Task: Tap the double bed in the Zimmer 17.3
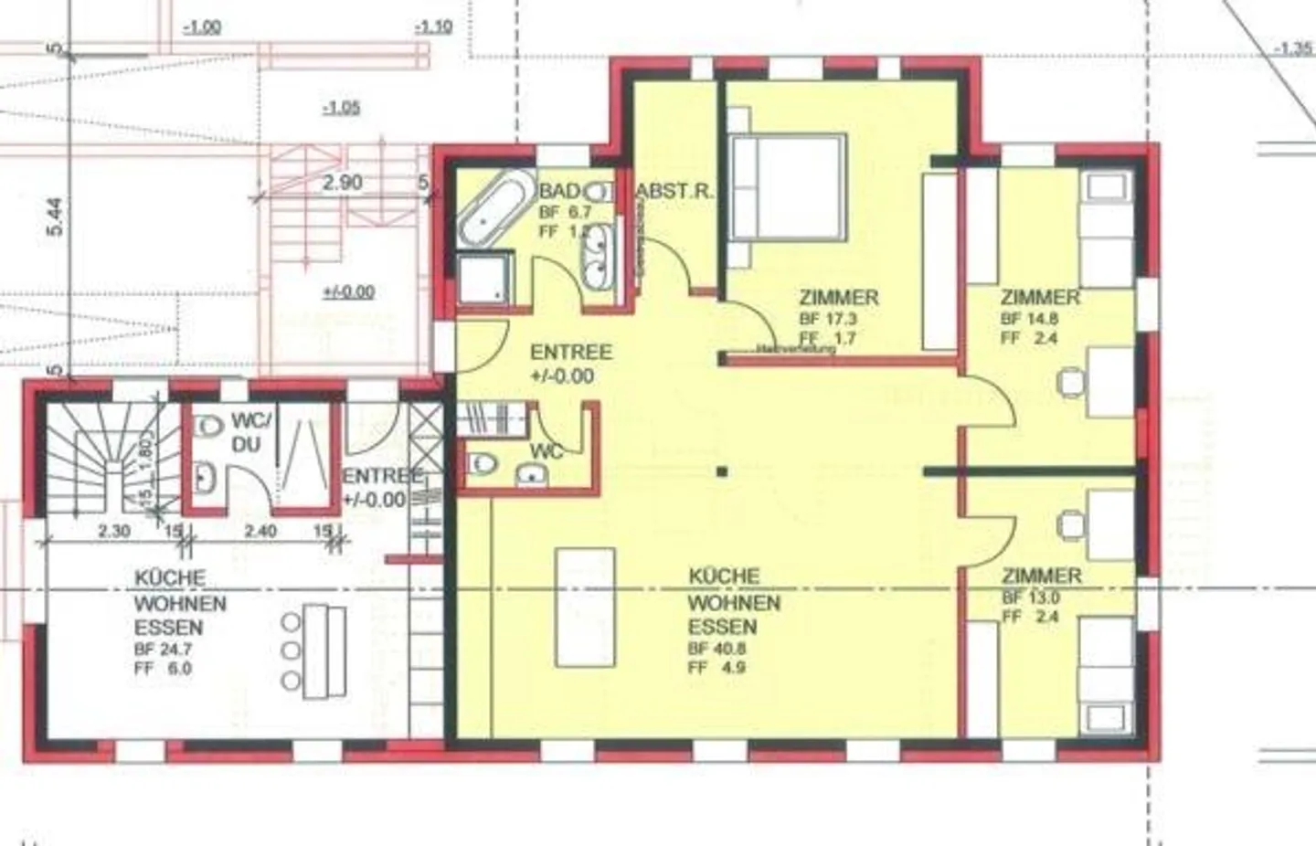(785, 186)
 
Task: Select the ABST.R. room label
(674, 192)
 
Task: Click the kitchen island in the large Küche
(586, 608)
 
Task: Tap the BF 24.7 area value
(164, 650)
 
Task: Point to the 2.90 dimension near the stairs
(342, 182)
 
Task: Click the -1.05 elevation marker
(341, 108)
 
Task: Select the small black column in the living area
(722, 472)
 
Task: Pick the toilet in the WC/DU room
(209, 426)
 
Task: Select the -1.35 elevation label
(1292, 48)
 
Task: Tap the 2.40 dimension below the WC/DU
(255, 531)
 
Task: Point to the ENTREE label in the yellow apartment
(571, 352)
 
